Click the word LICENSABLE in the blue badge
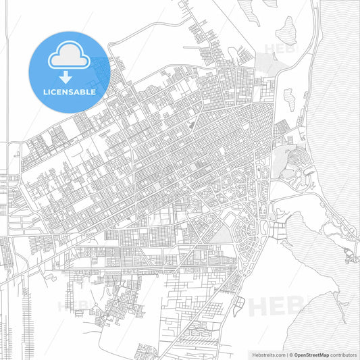coord(69,92)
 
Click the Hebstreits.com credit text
coord(266,354)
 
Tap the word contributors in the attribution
coord(343,354)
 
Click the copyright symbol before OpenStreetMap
coord(290,354)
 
